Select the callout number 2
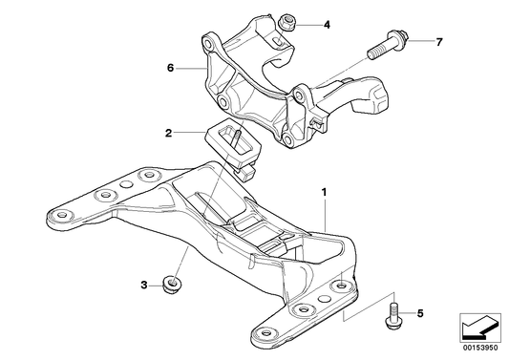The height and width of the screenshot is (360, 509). [168, 133]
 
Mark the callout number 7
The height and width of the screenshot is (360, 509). [439, 42]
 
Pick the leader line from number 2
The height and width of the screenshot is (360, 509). [191, 134]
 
